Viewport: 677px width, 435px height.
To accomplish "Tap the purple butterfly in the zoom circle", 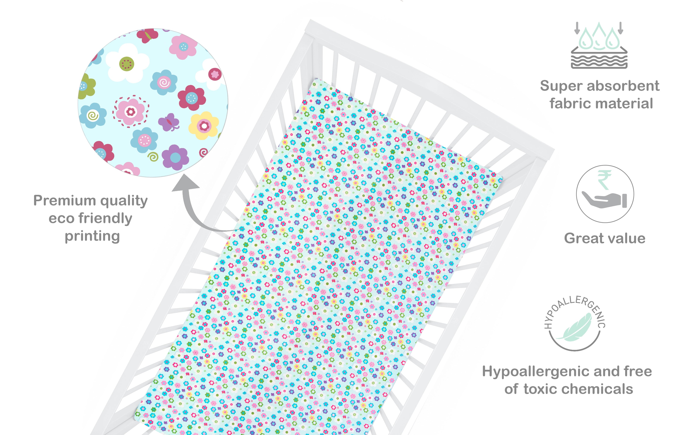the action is [x=169, y=122].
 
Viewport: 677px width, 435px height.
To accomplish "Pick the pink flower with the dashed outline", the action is [x=131, y=112].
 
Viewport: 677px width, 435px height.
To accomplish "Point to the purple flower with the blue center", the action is [x=175, y=157].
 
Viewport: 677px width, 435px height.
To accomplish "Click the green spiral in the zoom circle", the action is [x=153, y=156].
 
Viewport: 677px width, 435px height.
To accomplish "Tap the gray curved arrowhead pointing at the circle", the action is [x=186, y=183].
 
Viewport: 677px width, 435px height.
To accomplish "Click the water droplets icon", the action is [x=599, y=45].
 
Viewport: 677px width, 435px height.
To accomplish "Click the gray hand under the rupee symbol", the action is [x=604, y=200].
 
